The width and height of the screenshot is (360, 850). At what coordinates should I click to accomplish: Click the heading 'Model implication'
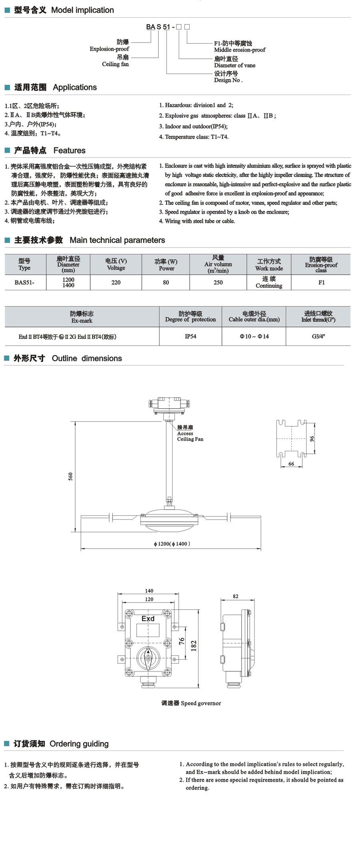(x=82, y=10)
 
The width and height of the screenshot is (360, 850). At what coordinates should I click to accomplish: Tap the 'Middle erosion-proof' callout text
(x=240, y=50)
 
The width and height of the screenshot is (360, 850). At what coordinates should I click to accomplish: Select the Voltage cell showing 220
(x=116, y=282)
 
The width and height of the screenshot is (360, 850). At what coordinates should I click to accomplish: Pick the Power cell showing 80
(x=166, y=282)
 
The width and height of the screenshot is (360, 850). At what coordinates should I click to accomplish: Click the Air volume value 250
(x=218, y=282)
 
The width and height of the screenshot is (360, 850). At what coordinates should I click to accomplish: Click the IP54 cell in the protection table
(x=190, y=336)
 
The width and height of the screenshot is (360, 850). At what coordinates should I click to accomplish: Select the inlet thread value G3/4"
(x=318, y=336)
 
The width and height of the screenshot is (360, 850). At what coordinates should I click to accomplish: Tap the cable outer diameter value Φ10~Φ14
(x=254, y=336)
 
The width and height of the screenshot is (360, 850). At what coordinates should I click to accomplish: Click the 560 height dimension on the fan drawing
(x=71, y=476)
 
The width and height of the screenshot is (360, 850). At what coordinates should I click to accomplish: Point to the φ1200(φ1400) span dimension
(x=172, y=544)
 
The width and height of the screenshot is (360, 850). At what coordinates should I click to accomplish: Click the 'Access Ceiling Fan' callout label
(x=190, y=433)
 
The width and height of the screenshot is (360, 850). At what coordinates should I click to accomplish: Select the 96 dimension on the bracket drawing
(x=312, y=439)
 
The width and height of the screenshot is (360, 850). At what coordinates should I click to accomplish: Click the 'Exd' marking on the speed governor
(x=148, y=619)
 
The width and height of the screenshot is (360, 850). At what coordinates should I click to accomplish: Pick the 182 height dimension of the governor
(x=194, y=646)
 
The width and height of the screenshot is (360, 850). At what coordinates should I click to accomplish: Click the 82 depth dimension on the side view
(x=236, y=596)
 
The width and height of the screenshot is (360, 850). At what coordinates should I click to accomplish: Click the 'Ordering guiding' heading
(x=79, y=744)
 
